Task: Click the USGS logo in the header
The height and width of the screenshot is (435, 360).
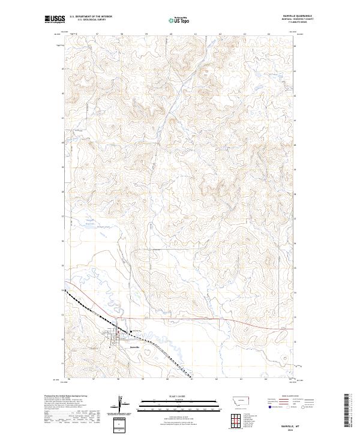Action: click(x=55, y=19)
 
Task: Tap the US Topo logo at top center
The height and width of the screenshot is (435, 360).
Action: click(x=180, y=20)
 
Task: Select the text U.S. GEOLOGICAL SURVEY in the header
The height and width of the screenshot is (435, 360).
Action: click(x=91, y=19)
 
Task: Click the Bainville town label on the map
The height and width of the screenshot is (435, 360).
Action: click(x=135, y=347)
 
